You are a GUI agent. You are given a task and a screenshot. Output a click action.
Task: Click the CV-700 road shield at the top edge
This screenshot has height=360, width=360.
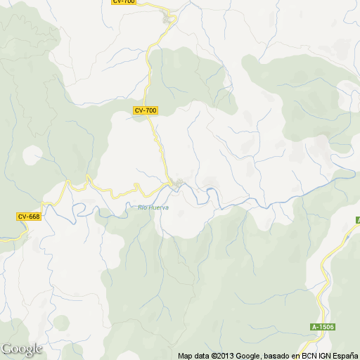[x=124, y=2]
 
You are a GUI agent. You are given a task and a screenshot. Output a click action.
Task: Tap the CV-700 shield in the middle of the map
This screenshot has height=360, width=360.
[x=146, y=110]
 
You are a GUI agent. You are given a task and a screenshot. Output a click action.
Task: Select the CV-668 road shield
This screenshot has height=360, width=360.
[x=29, y=217]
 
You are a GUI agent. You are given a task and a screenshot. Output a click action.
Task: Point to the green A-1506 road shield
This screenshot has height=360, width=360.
[x=323, y=327]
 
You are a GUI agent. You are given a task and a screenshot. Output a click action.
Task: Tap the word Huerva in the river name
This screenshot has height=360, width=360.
[x=158, y=207]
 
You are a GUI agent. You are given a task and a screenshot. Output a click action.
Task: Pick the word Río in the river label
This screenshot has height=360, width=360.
[x=142, y=207]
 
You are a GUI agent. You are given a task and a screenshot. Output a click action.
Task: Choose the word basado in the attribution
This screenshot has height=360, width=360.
[x=276, y=356]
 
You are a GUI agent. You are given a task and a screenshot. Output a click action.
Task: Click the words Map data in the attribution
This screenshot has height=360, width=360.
[x=193, y=356]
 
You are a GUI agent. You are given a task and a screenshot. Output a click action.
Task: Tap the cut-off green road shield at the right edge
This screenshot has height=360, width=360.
[x=357, y=220]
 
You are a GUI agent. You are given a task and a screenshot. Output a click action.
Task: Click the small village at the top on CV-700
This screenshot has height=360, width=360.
[x=168, y=19]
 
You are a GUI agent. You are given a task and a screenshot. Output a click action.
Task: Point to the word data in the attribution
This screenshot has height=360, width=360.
[x=202, y=356]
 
